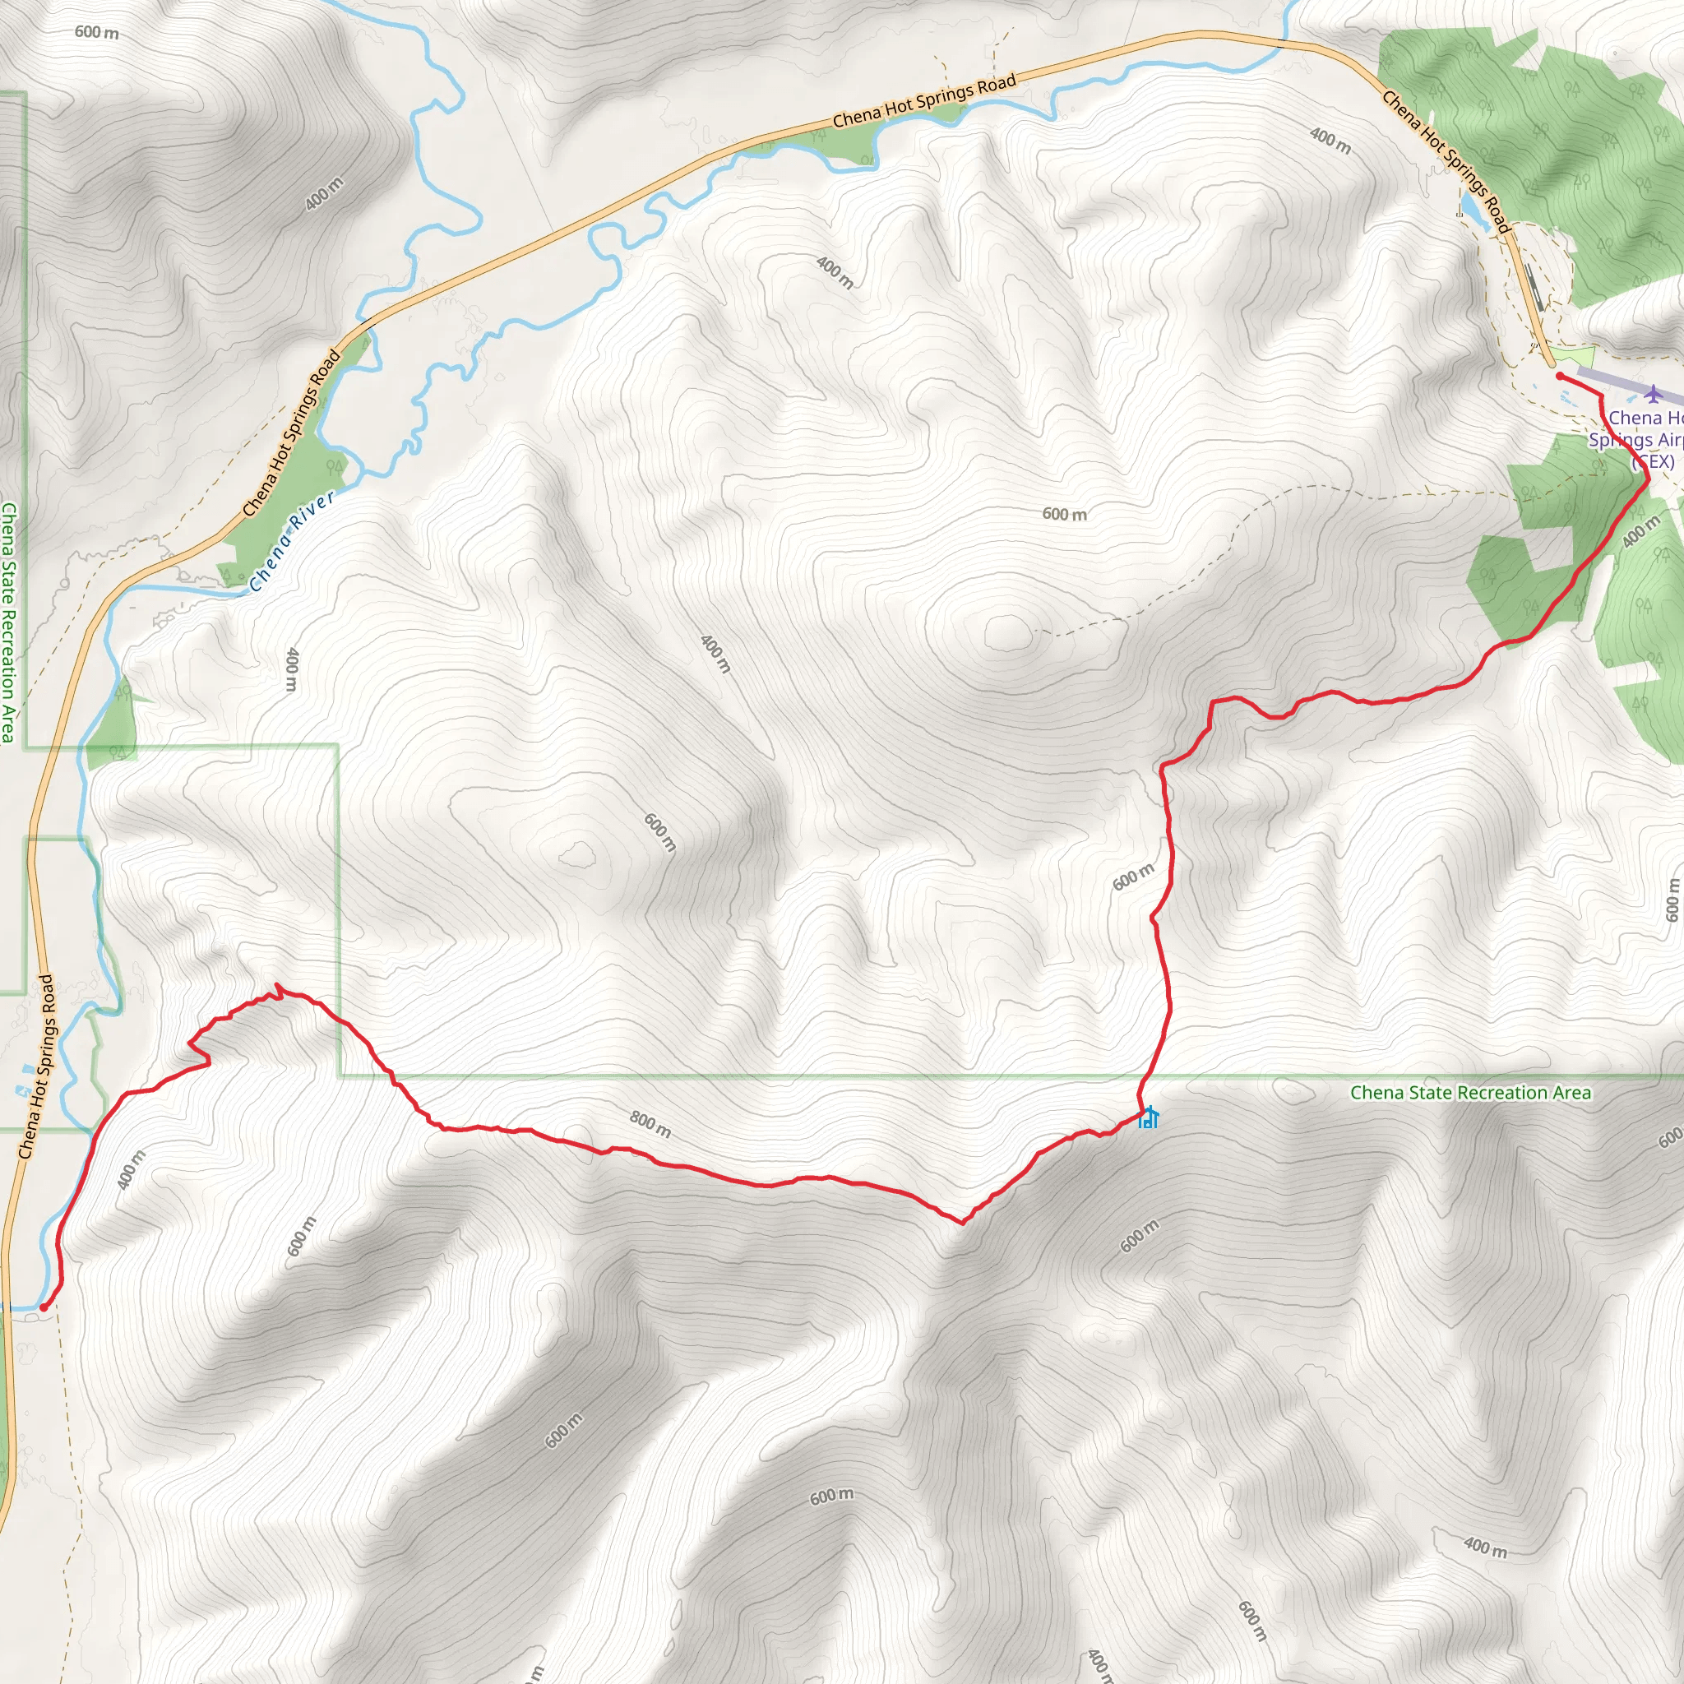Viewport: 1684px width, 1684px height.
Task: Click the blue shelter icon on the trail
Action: click(x=1148, y=1117)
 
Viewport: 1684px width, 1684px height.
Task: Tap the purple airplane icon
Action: click(x=1654, y=394)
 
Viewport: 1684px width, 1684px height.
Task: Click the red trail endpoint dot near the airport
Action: click(x=1559, y=376)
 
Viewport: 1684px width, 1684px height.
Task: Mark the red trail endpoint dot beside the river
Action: click(x=43, y=1307)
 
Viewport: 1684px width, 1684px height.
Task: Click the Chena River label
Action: click(x=292, y=541)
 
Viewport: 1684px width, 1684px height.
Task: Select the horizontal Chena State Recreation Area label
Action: click(x=1470, y=1093)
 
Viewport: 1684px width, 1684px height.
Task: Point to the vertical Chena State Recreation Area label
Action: click(x=8, y=622)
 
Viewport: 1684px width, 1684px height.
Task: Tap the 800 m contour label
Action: click(x=650, y=1126)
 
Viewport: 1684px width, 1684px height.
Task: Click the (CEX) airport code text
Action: click(x=1654, y=462)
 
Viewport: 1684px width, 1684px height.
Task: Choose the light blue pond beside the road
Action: click(x=1469, y=206)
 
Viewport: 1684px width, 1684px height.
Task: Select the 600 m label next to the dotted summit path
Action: click(x=1064, y=514)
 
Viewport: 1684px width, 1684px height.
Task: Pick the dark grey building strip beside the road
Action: click(x=1534, y=286)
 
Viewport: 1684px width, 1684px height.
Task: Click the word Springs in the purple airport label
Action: click(x=1617, y=440)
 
